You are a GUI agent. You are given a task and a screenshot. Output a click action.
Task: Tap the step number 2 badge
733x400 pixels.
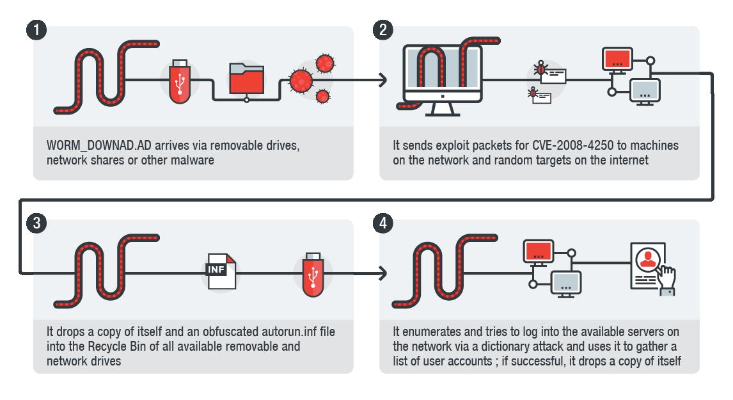point(382,29)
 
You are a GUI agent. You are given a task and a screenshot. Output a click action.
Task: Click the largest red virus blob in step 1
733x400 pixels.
point(299,81)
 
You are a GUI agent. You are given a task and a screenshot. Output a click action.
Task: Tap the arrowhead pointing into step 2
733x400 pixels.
point(382,81)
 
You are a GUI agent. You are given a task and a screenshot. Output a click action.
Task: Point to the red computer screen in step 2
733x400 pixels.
point(618,60)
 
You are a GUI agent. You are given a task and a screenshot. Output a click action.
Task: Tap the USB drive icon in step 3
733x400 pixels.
point(311,274)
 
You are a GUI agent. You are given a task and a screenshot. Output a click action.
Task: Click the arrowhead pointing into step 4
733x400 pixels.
point(382,274)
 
